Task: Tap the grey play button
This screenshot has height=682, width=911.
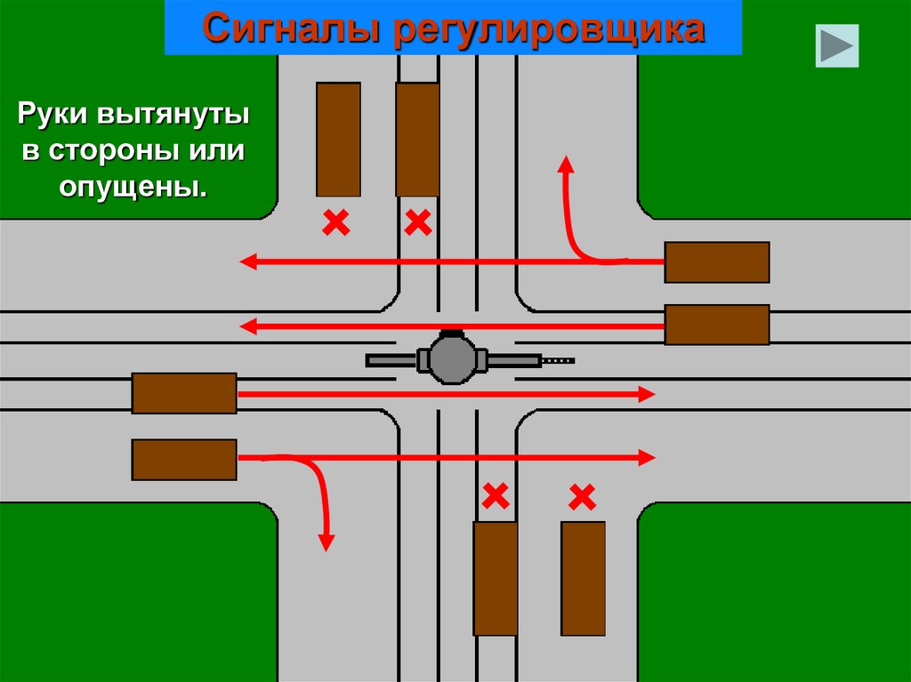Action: point(837,46)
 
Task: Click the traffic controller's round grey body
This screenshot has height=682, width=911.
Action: point(453,358)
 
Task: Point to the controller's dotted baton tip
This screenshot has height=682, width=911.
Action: point(559,360)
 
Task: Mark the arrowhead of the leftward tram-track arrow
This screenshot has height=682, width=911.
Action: point(246,326)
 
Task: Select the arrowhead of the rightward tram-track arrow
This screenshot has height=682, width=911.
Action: point(649,393)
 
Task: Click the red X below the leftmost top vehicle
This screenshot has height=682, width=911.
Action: point(335,222)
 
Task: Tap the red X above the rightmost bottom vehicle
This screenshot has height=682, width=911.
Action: point(582,497)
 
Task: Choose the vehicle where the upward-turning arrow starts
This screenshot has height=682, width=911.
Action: point(716,262)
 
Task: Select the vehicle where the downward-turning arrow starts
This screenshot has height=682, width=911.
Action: point(184,459)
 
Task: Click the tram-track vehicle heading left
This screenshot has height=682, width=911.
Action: point(716,325)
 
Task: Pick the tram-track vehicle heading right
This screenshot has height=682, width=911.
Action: point(184,393)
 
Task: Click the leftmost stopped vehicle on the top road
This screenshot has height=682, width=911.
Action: point(338,139)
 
